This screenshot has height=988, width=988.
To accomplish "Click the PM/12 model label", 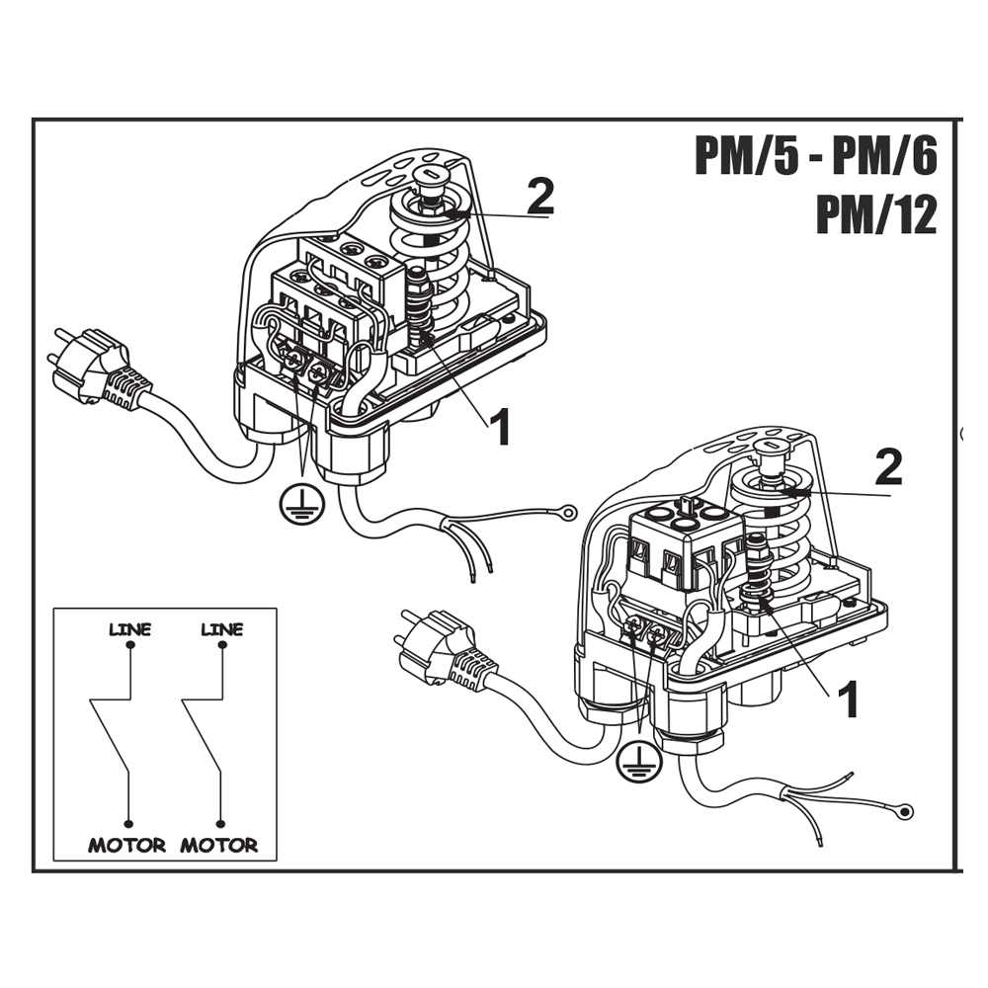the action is [876, 215].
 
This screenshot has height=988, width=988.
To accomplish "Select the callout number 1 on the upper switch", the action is [501, 427].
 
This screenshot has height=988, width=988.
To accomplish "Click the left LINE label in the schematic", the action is [129, 629].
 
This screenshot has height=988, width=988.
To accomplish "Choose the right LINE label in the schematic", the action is [221, 629].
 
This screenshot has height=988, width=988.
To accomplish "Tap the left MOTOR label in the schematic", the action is [127, 845].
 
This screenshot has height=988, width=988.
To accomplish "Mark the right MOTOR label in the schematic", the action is [219, 845].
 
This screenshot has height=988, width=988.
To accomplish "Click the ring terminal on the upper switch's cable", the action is [568, 512].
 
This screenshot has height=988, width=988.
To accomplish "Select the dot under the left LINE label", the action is [129, 645].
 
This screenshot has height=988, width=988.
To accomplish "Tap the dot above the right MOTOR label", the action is [220, 824].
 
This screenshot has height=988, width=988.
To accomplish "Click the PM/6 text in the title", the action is [884, 156].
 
